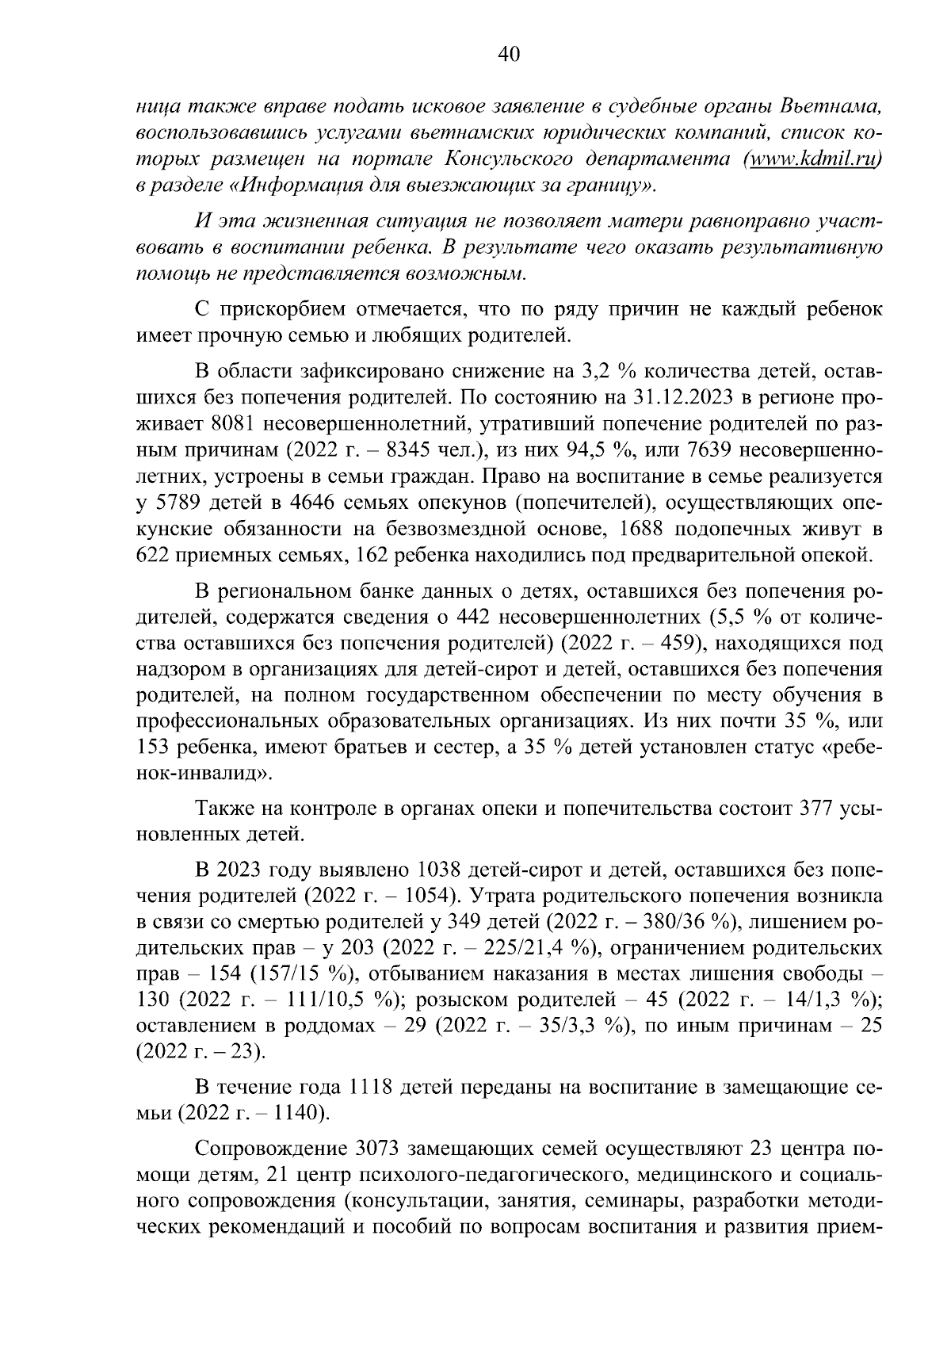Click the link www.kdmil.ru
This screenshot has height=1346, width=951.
tap(815, 159)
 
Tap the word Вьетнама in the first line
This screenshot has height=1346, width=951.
tap(831, 105)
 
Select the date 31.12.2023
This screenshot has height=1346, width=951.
tap(689, 397)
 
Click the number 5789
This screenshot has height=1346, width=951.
tap(174, 503)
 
